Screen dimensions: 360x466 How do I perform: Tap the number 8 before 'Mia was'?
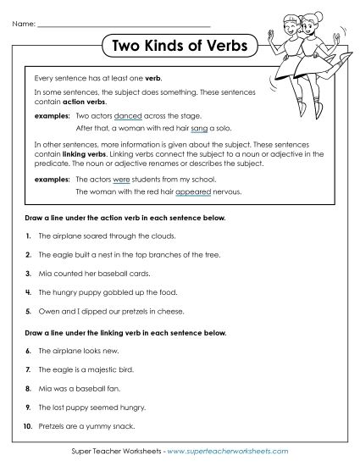click(x=29, y=390)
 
